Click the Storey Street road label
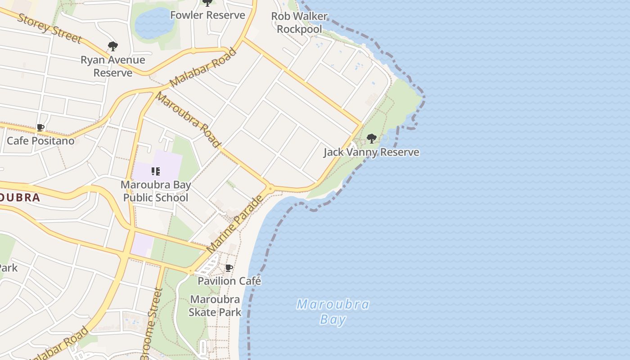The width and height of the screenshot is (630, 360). [x=50, y=28]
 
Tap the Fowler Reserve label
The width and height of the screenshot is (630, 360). [x=207, y=15]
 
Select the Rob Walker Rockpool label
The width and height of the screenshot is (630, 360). [x=299, y=22]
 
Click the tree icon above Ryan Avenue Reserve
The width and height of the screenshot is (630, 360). [x=112, y=46]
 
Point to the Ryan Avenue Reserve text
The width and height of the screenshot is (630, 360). [x=112, y=66]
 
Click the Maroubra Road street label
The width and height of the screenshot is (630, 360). [x=189, y=120]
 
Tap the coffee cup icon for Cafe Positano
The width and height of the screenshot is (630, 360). [x=40, y=128]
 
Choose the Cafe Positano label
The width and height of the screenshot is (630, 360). [x=40, y=141]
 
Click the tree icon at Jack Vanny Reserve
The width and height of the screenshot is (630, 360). [x=371, y=139]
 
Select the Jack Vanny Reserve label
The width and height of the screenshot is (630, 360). [x=371, y=152]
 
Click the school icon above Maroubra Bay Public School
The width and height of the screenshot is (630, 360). [x=156, y=171]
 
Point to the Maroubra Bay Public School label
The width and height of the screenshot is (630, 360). [x=156, y=191]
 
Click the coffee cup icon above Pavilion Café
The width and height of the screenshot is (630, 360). [x=229, y=268]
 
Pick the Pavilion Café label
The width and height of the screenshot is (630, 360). [x=229, y=281]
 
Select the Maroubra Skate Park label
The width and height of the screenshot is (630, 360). [x=215, y=306]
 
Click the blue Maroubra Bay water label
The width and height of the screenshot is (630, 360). [x=333, y=312]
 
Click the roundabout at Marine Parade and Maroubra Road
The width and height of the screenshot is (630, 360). [x=270, y=189]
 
